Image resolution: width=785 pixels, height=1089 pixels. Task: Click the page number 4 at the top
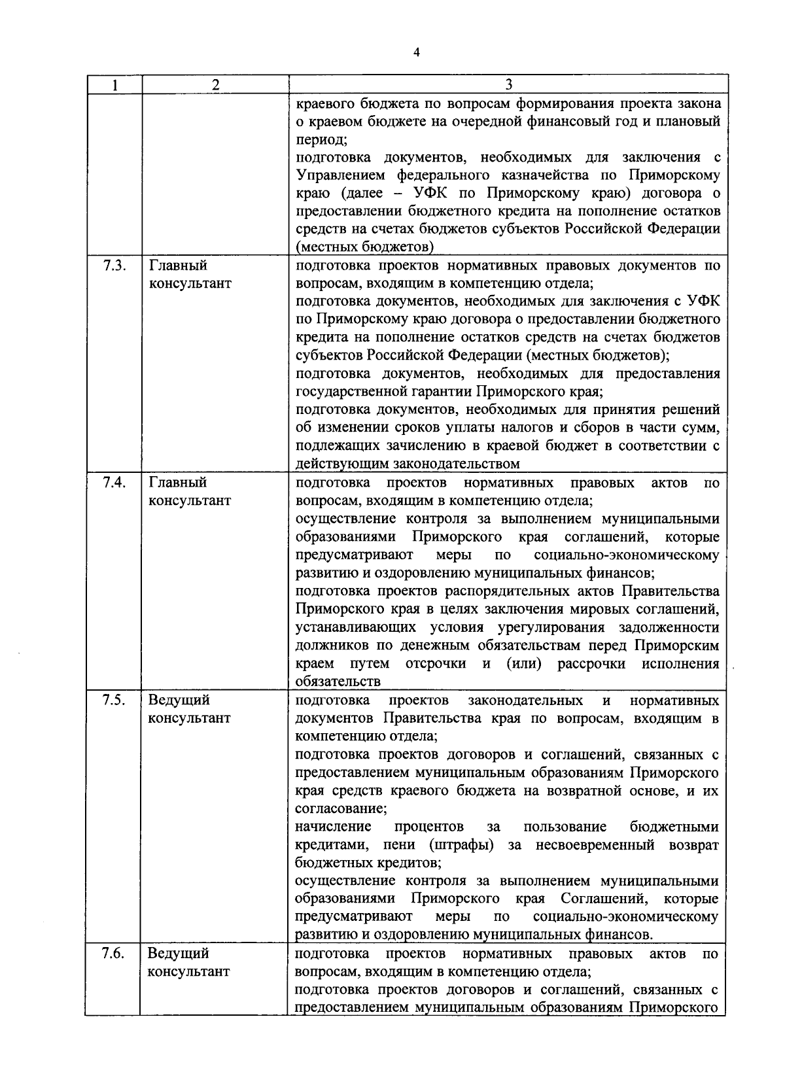[416, 52]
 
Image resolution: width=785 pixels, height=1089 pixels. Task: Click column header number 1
[115, 84]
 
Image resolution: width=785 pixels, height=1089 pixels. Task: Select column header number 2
[216, 84]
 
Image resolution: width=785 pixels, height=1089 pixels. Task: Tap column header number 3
[509, 84]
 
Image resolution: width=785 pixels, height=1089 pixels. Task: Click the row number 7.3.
[114, 266]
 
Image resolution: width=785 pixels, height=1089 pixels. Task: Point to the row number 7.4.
[114, 482]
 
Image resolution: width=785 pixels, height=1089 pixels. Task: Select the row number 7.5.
[114, 700]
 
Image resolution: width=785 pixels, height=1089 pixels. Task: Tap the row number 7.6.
[114, 953]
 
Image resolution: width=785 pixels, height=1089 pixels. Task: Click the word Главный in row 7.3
[178, 266]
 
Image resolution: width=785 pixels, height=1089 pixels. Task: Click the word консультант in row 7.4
[190, 500]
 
